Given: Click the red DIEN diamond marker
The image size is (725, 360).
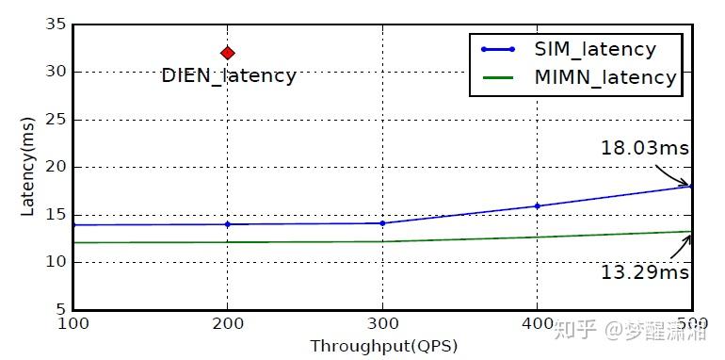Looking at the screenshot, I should click(x=227, y=53).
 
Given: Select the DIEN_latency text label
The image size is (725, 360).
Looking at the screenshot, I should click(x=229, y=76).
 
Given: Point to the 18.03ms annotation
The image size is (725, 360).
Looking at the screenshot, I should click(x=645, y=148).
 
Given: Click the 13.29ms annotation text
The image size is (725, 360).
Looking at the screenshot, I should click(x=645, y=272).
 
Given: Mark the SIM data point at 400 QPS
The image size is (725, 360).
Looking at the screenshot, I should click(x=537, y=205).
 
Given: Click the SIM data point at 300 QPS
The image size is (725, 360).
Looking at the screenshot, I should click(x=382, y=223).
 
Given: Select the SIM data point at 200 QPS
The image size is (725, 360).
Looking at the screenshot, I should click(x=227, y=224).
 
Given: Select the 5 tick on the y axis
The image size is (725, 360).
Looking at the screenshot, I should click(x=59, y=309).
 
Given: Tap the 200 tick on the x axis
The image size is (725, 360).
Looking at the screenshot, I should click(x=227, y=324).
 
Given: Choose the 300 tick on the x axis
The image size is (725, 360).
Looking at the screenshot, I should click(x=382, y=324).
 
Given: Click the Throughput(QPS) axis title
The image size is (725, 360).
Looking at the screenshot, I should click(x=383, y=346).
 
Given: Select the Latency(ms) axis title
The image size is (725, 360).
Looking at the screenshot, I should click(x=27, y=168).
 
